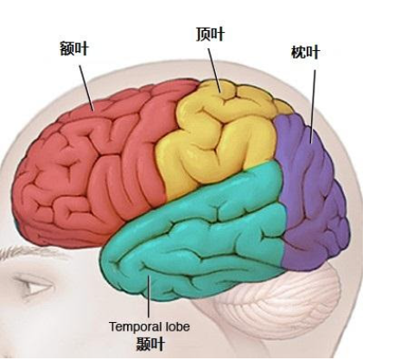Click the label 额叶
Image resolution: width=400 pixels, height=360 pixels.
74,48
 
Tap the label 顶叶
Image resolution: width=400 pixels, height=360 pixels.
211,35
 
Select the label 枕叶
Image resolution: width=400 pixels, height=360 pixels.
306,52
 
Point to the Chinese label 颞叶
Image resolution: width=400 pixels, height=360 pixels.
150,344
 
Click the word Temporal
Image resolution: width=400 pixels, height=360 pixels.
136,326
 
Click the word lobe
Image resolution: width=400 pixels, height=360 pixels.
177,326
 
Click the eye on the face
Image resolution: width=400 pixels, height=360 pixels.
35,286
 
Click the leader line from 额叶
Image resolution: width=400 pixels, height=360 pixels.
86,88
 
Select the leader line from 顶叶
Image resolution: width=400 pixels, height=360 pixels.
214,70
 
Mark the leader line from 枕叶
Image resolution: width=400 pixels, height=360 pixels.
313,106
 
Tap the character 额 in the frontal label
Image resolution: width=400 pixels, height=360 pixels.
67,48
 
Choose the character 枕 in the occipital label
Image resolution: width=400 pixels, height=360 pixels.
298,52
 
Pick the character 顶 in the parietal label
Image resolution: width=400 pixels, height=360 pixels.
203,35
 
